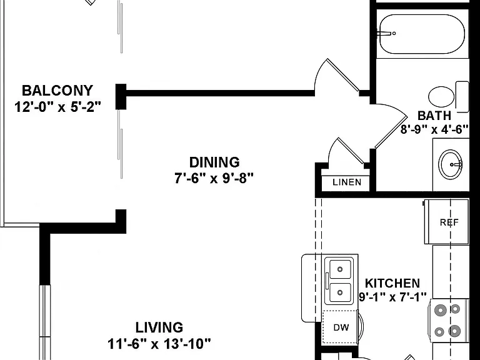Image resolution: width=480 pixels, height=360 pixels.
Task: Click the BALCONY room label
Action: click(57, 91)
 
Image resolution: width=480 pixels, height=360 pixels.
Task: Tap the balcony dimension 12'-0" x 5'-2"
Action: click(57, 107)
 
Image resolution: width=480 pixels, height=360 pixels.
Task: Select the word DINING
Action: click(214, 162)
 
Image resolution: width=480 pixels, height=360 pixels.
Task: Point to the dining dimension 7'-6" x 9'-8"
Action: click(214, 178)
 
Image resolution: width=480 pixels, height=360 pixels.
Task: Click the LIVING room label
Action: click(159, 327)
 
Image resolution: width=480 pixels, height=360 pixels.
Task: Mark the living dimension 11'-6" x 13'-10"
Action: click(159, 344)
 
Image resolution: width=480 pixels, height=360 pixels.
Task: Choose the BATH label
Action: click(434, 116)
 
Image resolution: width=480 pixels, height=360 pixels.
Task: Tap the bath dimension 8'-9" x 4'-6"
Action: click(435, 129)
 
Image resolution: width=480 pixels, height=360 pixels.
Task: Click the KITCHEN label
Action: click(392, 283)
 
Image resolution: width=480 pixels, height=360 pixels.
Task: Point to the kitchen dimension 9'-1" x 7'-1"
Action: click(392, 297)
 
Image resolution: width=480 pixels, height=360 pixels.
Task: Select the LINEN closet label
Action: click(347, 182)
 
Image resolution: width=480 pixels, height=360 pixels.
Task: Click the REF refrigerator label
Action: click(449, 222)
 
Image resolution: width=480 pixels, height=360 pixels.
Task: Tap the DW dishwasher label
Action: click(341, 327)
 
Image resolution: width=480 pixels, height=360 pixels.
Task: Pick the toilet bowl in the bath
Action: click(441, 97)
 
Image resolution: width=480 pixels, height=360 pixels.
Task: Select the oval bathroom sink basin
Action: click(450, 164)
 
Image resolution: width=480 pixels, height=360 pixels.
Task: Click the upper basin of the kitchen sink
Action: click(340, 269)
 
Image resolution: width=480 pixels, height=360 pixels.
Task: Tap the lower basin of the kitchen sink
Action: click(340, 292)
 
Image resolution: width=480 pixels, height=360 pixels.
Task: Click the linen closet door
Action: click(351, 151)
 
